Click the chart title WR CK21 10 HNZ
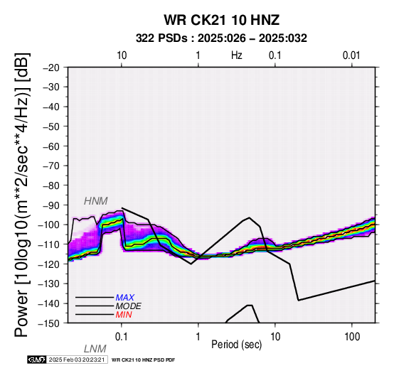[x=222, y=20]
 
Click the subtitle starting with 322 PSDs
[x=221, y=38]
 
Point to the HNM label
[x=96, y=201]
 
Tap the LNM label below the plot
[x=95, y=349]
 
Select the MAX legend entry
[x=124, y=298]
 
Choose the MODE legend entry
[x=128, y=306]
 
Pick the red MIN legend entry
[x=124, y=315]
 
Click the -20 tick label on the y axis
[x=51, y=67]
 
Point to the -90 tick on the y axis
[x=51, y=205]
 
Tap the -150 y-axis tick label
[x=49, y=323]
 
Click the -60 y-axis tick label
[x=51, y=146]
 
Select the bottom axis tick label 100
[x=352, y=337]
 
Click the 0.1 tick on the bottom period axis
[x=122, y=337]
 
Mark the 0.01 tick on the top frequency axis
[x=351, y=55]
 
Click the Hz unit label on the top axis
[x=237, y=55]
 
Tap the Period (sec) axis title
[x=236, y=345]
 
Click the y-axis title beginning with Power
[x=21, y=195]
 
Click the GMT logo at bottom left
[x=37, y=360]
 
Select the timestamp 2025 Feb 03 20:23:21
[x=77, y=360]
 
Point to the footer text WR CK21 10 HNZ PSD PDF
[x=143, y=360]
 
